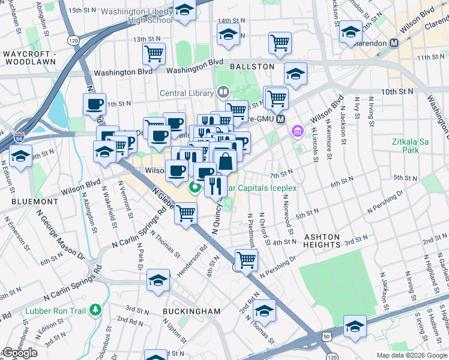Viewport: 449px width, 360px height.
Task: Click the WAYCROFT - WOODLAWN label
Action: pyautogui.click(x=29, y=58)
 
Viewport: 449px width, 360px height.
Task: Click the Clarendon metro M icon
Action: pyautogui.click(x=394, y=43)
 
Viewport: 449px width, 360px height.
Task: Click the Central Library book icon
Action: pyautogui.click(x=223, y=92)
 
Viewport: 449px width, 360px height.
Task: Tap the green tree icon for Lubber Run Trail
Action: pyautogui.click(x=95, y=310)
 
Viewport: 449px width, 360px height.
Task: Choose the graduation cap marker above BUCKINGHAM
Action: pyautogui.click(x=158, y=281)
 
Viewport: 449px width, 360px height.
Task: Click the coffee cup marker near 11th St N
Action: pyautogui.click(x=94, y=104)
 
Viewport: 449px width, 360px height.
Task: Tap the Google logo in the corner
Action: pyautogui.click(x=19, y=353)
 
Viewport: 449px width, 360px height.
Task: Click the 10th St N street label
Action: pyautogui.click(x=397, y=92)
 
